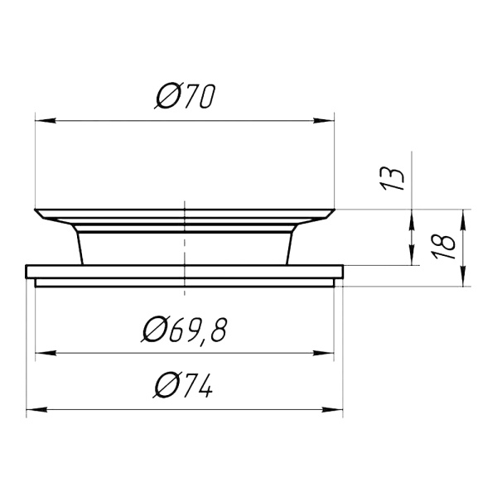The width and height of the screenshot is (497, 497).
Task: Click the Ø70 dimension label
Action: pyautogui.click(x=186, y=96)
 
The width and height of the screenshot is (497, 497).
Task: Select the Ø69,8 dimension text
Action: pyautogui.click(x=185, y=329)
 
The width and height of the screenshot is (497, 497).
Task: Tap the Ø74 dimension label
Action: pyautogui.click(x=183, y=385)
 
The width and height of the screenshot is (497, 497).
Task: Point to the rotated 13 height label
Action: pyautogui.click(x=393, y=179)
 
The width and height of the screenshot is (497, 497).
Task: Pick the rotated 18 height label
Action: pyautogui.click(x=444, y=247)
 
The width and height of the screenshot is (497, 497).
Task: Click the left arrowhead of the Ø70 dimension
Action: pyautogui.click(x=46, y=121)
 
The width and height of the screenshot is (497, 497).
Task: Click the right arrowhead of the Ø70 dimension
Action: pyautogui.click(x=324, y=121)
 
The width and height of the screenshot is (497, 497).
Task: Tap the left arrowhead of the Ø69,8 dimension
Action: pyautogui.click(x=46, y=353)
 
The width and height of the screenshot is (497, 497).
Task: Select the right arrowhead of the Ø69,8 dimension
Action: pyautogui.click(x=324, y=353)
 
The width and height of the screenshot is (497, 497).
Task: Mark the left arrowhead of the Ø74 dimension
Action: pyautogui.click(x=36, y=410)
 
